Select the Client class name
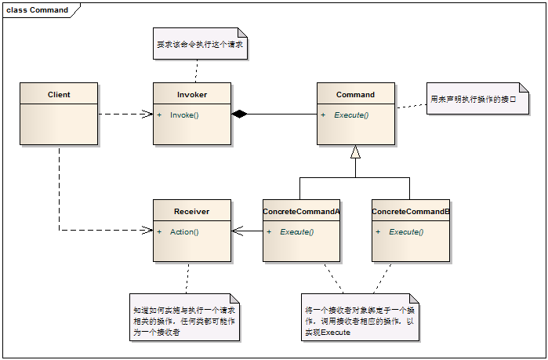pyautogui.click(x=59, y=95)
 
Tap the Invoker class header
pyautogui.click(x=192, y=95)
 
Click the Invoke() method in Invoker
pyautogui.click(x=184, y=115)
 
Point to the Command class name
pyautogui.click(x=355, y=95)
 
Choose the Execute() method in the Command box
pyautogui.click(x=351, y=115)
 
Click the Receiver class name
pyautogui.click(x=192, y=212)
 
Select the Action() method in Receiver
pyautogui.click(x=184, y=232)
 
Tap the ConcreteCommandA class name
pyautogui.click(x=301, y=212)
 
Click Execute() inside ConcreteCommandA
pyautogui.click(x=296, y=232)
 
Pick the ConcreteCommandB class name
pyautogui.click(x=411, y=212)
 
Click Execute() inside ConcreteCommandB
pyautogui.click(x=406, y=232)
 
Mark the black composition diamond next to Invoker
pyautogui.click(x=239, y=115)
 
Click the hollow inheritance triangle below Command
pyautogui.click(x=355, y=152)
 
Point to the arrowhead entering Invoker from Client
pyautogui.click(x=148, y=115)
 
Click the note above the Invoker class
pyautogui.click(x=200, y=45)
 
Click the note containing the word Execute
pyautogui.click(x=360, y=318)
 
